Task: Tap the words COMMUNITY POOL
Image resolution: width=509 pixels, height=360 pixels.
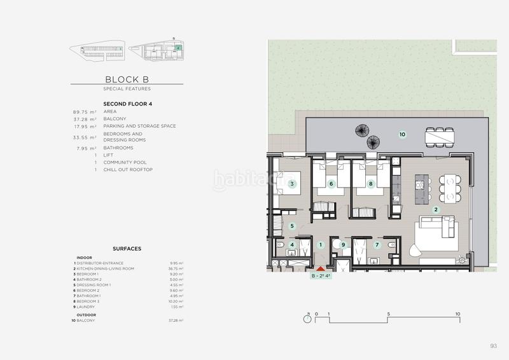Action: pos(126,162)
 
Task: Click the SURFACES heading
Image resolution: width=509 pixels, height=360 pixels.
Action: pos(127,249)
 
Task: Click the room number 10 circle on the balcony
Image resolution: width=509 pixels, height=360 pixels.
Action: pos(401,134)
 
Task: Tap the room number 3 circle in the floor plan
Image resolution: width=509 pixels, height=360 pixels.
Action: pos(292,184)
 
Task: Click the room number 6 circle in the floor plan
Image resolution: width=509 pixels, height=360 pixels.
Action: pos(331,184)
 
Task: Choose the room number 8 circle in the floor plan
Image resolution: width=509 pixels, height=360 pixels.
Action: pos(371,184)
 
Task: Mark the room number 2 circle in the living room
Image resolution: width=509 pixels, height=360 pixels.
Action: pos(436,209)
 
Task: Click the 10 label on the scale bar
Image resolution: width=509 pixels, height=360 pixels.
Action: pos(457,314)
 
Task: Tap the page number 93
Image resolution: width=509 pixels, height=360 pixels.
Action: pos(493,346)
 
